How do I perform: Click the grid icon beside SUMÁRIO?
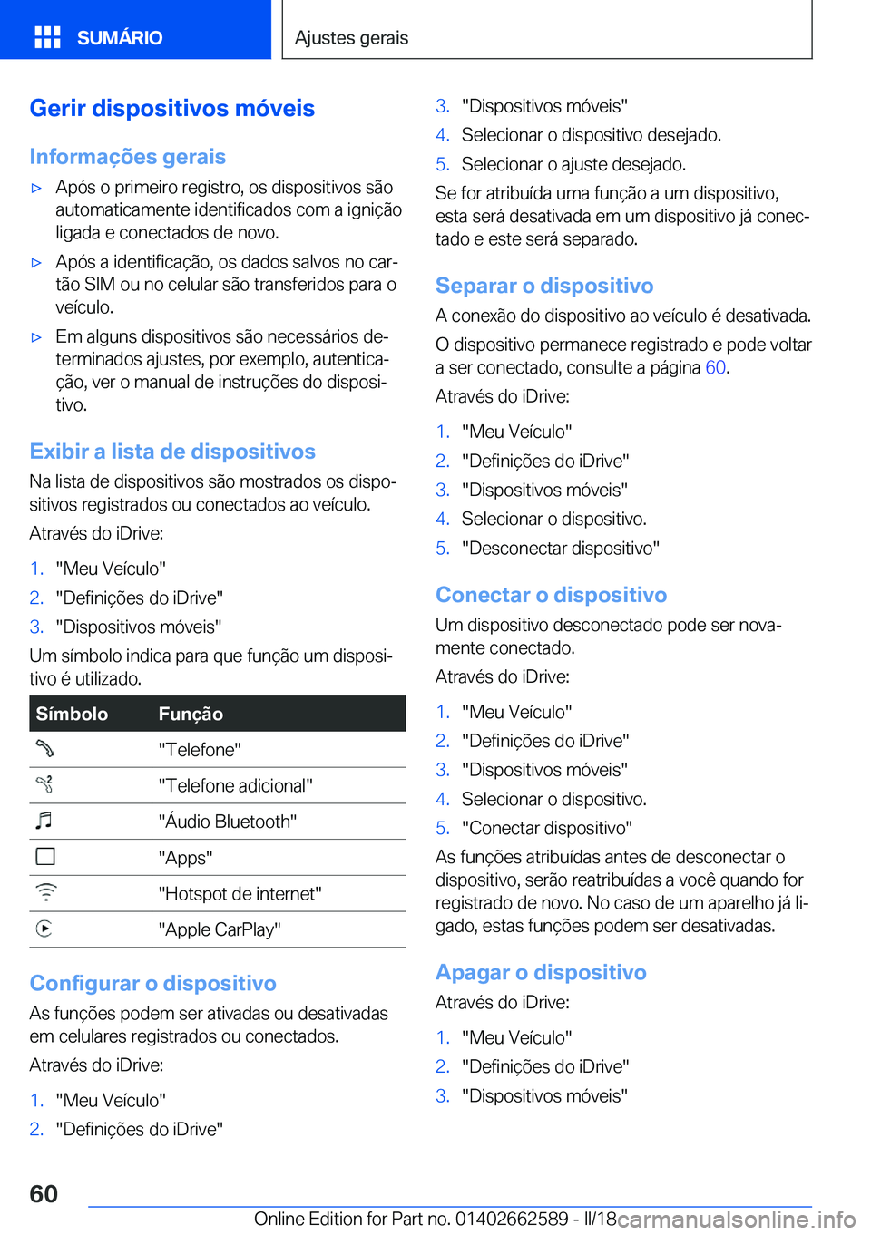click(x=47, y=37)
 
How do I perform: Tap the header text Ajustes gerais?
click(x=351, y=37)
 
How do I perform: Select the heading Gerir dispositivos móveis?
click(x=172, y=108)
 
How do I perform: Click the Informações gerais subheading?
click(x=128, y=157)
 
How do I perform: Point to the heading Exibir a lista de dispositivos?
click(x=172, y=452)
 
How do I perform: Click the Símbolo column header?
click(x=73, y=714)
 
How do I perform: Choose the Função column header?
click(x=191, y=714)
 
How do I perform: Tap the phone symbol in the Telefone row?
click(x=45, y=749)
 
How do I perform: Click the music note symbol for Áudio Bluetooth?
click(x=44, y=821)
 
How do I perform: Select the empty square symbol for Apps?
click(x=45, y=857)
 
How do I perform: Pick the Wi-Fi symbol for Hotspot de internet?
click(x=45, y=892)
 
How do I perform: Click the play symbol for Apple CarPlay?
click(x=44, y=929)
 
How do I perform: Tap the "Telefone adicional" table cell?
click(x=235, y=785)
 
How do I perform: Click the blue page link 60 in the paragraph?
click(x=715, y=367)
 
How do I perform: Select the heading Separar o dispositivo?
click(x=544, y=286)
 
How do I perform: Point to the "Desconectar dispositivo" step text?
click(x=560, y=548)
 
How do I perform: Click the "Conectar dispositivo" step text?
click(x=546, y=828)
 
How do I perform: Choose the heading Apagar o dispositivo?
click(x=541, y=972)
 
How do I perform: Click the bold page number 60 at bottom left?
click(x=44, y=1193)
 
